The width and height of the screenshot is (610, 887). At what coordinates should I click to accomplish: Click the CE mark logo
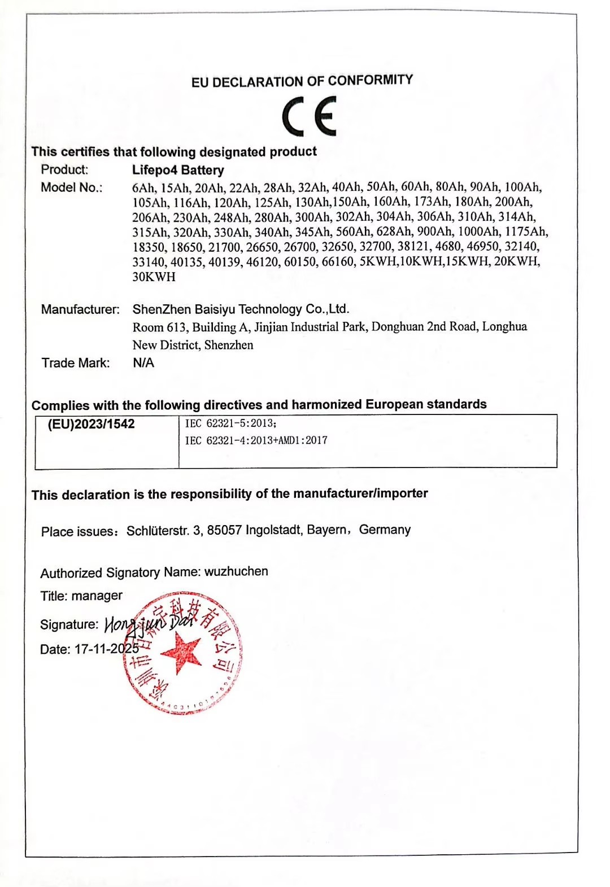point(309,116)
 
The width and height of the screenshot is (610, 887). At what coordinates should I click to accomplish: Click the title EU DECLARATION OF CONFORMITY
point(302,81)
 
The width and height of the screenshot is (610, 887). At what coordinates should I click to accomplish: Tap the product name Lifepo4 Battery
point(178,170)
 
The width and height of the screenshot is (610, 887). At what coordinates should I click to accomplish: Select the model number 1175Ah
point(526,231)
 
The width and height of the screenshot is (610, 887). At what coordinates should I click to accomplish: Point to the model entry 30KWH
point(154,277)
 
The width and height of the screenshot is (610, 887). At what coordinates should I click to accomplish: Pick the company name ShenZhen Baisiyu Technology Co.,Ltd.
point(241,309)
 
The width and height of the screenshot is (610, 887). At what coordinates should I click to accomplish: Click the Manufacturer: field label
point(80,309)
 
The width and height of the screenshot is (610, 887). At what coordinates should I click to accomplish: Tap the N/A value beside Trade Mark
point(143,362)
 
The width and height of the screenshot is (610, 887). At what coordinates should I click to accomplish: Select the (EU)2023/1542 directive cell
point(91,425)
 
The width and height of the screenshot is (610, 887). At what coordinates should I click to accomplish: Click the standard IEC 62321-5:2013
point(230,423)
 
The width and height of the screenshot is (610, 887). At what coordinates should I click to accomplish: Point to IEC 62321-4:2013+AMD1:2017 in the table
point(256,440)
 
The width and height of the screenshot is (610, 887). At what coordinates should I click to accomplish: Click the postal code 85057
point(224,530)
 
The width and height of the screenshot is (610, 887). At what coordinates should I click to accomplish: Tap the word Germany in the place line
point(385,530)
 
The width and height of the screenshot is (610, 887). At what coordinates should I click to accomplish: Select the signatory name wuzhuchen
point(236,571)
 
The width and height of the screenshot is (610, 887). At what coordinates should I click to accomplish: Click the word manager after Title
point(97,596)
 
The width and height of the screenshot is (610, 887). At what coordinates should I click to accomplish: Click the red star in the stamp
point(181,652)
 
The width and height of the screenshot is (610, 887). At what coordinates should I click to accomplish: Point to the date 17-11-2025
point(107,649)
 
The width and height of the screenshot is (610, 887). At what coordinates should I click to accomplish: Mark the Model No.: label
point(71,187)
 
